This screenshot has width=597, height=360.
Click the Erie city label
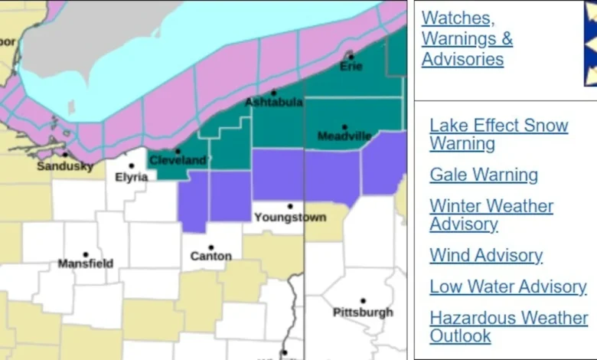[351, 67]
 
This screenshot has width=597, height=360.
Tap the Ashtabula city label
[273, 102]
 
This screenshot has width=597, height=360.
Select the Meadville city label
[344, 136]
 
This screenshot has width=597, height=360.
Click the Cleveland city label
[178, 160]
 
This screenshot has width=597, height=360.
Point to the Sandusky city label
[65, 165]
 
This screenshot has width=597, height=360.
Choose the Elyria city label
[132, 177]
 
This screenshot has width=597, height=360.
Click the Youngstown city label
[290, 217]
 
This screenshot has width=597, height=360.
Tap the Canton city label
[210, 256]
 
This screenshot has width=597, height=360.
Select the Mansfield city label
[86, 263]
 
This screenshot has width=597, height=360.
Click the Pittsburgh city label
[363, 312]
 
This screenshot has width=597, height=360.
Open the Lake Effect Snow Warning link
[498, 135]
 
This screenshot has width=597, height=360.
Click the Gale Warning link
[483, 175]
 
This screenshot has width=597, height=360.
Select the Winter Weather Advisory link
[491, 215]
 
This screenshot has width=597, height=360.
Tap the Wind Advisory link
[486, 255]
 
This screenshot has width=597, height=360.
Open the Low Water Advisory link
[507, 286]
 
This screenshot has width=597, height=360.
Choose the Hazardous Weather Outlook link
[508, 326]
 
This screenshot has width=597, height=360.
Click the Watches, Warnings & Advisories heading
[467, 38]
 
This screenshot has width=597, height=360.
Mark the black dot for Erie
[351, 57]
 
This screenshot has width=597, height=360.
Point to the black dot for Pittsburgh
[363, 301]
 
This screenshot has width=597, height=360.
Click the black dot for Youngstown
[290, 206]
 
